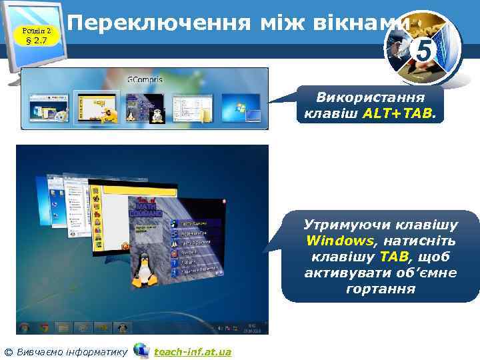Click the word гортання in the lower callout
coord(381,289)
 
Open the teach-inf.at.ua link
coord(193,351)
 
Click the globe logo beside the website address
coord(141,350)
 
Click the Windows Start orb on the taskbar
coord(25,327)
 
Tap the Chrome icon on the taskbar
coord(44,327)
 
